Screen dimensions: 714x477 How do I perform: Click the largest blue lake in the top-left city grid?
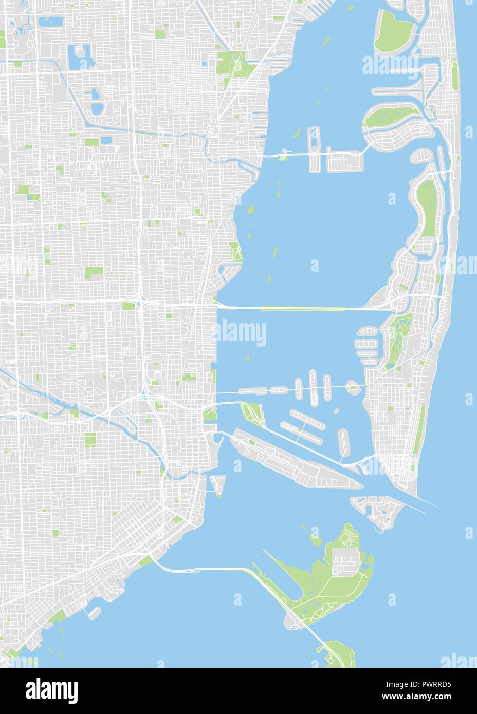pos(79,57)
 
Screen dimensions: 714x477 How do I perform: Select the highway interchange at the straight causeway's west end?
pos(140,303)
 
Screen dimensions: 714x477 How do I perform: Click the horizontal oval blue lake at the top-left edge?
pos(50,22)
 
